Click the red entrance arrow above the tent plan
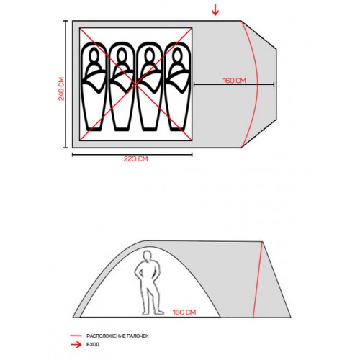pos(215,10)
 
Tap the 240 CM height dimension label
pos(61,89)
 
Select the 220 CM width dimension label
pos(136,158)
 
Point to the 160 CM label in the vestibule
pos(235,81)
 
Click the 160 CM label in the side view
pos(184,312)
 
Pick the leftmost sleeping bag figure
pos(94,86)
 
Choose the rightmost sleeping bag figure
pos(178,86)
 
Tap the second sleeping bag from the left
pos(122,86)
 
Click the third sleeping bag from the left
pos(150,86)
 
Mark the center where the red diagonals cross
pos(136,84)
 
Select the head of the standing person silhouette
pos(147,256)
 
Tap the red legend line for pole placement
pos(76,336)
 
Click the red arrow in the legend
pos(76,345)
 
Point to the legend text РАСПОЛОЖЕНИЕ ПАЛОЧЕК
pos(117,336)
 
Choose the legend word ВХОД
pos(93,345)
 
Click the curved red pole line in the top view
pos(257,84)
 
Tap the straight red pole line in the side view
pos(258,279)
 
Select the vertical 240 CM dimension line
pos(65,84)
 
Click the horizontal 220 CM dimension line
pos(132,155)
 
